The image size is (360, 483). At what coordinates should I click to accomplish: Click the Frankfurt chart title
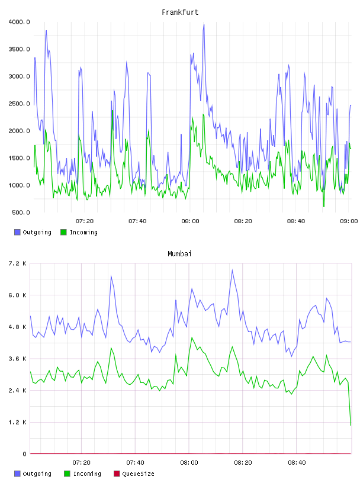pyautogui.click(x=180, y=12)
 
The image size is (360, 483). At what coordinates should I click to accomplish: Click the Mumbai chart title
pyautogui.click(x=179, y=254)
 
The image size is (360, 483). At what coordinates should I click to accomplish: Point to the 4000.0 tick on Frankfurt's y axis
pyautogui.click(x=19, y=22)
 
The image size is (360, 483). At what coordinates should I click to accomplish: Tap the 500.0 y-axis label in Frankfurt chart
pyautogui.click(x=21, y=212)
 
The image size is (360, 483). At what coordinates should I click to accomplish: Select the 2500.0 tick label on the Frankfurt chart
pyautogui.click(x=19, y=104)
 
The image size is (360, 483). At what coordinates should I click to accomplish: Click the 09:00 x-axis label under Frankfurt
pyautogui.click(x=349, y=221)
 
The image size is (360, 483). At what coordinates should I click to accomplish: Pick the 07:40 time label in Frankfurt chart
pyautogui.click(x=137, y=221)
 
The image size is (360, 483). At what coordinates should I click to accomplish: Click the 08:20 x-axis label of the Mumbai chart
pyautogui.click(x=243, y=463)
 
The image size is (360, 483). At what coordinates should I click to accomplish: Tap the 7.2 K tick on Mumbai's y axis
pyautogui.click(x=18, y=263)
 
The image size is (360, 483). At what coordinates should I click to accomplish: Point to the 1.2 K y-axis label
pyautogui.click(x=18, y=422)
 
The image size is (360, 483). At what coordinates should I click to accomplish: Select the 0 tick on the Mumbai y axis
pyautogui.click(x=24, y=454)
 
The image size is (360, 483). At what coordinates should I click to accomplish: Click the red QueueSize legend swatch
pyautogui.click(x=117, y=474)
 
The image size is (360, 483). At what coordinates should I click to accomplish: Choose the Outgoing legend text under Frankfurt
pyautogui.click(x=37, y=232)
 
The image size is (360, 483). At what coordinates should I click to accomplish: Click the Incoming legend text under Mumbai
pyautogui.click(x=87, y=474)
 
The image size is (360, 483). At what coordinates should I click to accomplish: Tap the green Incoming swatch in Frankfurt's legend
pyautogui.click(x=63, y=232)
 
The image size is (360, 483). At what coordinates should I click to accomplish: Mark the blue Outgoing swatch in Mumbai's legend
pyautogui.click(x=17, y=474)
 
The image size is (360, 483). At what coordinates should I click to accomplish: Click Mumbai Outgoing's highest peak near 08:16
pyautogui.click(x=232, y=270)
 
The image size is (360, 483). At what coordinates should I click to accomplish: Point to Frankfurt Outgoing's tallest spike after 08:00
pyautogui.click(x=204, y=25)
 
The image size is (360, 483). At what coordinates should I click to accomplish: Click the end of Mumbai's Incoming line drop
pyautogui.click(x=351, y=426)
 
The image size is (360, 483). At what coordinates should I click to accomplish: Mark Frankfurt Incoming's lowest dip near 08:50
pyautogui.click(x=324, y=207)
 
